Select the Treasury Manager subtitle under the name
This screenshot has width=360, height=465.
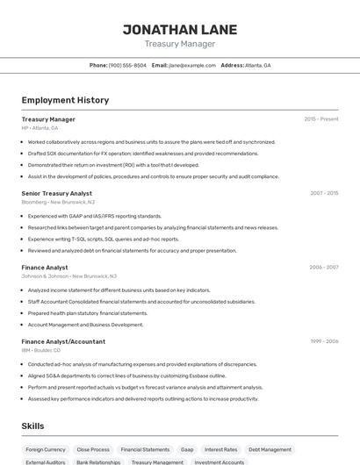pos(179,44)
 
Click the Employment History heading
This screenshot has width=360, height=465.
pos(65,100)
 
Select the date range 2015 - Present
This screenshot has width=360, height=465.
pos(320,118)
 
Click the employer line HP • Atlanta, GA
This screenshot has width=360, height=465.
pos(40,128)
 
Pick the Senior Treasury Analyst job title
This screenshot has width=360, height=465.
pos(56,193)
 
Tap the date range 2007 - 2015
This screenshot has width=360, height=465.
pos(324,193)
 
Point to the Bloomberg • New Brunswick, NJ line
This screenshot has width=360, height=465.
pos(58,202)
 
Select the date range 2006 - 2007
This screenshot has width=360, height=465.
pos(324,267)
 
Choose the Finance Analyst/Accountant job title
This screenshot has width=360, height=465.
pos(63,341)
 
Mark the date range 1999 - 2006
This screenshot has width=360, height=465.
pos(324,341)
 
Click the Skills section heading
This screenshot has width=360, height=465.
pos(33,426)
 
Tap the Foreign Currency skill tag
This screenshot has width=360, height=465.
pos(46,449)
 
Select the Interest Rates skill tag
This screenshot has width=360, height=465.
pos(220,449)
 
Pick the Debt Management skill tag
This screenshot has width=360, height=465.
pos(270,449)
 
